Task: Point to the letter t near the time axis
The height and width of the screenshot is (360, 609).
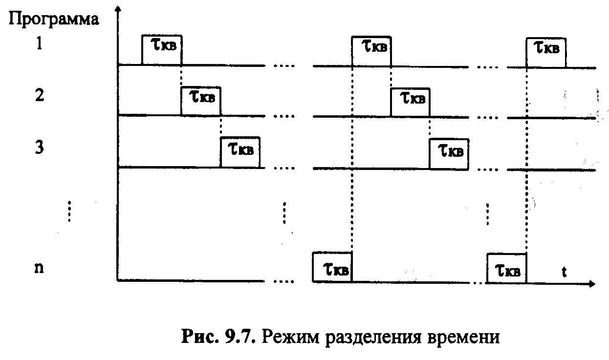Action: pos(564,272)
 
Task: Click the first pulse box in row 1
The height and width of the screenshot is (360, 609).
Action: pos(161,49)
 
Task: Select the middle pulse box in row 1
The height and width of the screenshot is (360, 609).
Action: pos(371,51)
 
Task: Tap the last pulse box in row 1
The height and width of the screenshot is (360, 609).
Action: pos(546,52)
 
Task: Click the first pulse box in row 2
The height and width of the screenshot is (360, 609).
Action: pos(200,101)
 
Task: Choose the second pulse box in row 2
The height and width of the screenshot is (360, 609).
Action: pos(410,102)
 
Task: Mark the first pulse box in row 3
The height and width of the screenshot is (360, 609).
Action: pos(240,152)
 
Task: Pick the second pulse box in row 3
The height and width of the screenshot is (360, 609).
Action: pos(449,153)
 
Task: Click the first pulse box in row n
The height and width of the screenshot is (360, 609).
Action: pos(332,267)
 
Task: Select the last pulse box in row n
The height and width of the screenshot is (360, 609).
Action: pos(507,268)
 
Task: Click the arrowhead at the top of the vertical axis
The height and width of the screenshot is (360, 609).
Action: pos(118,9)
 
